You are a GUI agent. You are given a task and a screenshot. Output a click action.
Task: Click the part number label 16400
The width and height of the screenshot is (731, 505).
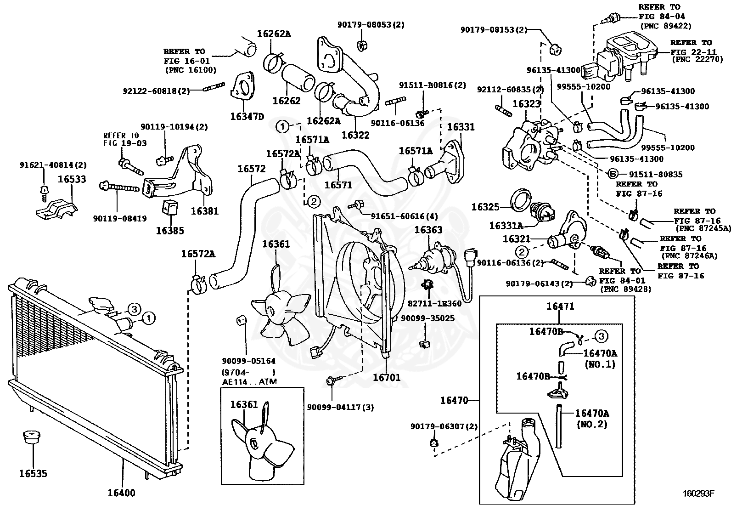click(121, 493)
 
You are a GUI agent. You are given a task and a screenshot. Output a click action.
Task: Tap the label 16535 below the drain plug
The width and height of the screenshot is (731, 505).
click(33, 473)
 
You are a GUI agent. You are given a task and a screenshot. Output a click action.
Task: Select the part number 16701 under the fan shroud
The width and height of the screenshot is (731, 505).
click(386, 378)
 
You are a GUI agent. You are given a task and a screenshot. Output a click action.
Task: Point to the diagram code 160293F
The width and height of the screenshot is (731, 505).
click(699, 493)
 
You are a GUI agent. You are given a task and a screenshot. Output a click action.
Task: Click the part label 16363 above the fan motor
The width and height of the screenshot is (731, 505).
click(428, 230)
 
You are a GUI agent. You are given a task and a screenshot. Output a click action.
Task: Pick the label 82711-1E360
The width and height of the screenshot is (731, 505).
click(435, 303)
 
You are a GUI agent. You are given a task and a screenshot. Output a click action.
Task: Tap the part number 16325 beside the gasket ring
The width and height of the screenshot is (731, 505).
click(485, 207)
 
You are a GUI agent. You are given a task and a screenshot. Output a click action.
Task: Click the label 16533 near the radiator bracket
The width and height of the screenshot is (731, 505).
click(72, 179)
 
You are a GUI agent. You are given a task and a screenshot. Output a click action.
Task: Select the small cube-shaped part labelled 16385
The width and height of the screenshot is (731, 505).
click(170, 207)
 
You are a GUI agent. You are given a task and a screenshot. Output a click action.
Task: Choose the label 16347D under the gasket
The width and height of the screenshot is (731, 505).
click(247, 117)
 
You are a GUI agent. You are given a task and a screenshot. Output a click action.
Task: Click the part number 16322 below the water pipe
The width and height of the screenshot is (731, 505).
click(355, 135)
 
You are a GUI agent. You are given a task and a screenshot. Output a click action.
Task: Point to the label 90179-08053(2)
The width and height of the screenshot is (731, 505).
click(371, 25)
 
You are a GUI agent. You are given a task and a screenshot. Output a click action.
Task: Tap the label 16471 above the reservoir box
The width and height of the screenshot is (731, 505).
click(560, 306)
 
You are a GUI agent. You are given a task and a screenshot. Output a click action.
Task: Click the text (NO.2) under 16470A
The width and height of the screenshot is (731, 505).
click(592, 424)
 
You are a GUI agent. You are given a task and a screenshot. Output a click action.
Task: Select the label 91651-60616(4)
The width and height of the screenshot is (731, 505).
click(404, 216)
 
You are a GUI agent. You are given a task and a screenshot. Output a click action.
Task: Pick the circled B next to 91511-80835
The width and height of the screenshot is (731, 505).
click(613, 174)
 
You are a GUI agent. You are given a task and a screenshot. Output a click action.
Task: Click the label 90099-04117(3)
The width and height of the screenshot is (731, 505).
click(340, 407)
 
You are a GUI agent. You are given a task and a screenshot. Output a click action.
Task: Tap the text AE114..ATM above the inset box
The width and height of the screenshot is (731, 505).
click(250, 381)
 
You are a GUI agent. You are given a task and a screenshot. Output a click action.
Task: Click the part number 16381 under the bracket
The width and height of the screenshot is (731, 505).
click(205, 211)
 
